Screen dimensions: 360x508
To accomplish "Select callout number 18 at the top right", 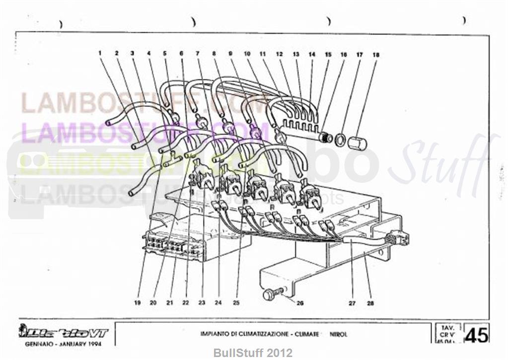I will (x=375, y=55).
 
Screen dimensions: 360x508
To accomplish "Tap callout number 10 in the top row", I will (x=247, y=53).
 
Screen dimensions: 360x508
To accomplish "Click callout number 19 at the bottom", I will (x=138, y=302).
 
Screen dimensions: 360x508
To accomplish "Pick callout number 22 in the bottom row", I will (x=186, y=302).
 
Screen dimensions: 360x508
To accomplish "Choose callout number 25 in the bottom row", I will (x=236, y=302).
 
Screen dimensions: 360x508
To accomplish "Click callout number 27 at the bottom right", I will (x=352, y=302).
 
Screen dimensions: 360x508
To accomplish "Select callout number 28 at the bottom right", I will (x=370, y=302).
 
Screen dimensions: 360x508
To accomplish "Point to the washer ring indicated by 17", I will (x=340, y=140).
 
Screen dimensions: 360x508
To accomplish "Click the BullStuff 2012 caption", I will (x=253, y=353).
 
